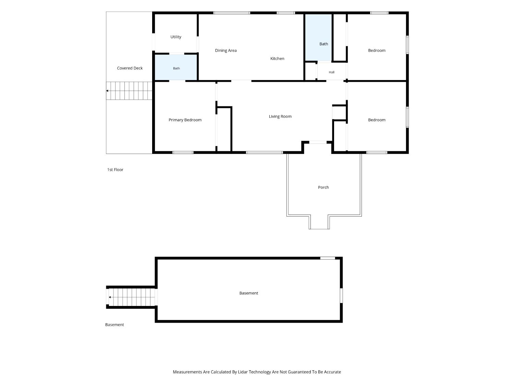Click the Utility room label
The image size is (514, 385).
pyautogui.click(x=176, y=37)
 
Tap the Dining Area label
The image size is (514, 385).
pyautogui.click(x=226, y=51)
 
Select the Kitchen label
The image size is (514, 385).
pyautogui.click(x=277, y=59)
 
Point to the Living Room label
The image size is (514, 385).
pyautogui.click(x=280, y=116)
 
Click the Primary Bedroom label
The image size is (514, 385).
pyautogui.click(x=185, y=120)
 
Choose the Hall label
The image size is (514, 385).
pyautogui.click(x=331, y=72)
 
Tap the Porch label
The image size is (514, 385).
pyautogui.click(x=323, y=187)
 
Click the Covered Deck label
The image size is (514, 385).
pyautogui.click(x=130, y=68)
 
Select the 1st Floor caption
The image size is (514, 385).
pyautogui.click(x=115, y=170)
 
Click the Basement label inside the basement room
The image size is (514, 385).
pyautogui.click(x=249, y=293)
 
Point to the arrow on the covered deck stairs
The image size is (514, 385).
pyautogui.click(x=107, y=91)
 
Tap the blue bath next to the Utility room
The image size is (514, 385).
pyautogui.click(x=176, y=67)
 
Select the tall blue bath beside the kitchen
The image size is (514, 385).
pyautogui.click(x=318, y=37)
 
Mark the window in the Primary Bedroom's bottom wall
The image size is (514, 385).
pyautogui.click(x=183, y=152)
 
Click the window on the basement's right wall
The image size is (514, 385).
pyautogui.click(x=341, y=295)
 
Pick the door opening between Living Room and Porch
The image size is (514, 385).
pyautogui.click(x=318, y=142)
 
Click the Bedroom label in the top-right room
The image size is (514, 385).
pyautogui.click(x=377, y=51)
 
